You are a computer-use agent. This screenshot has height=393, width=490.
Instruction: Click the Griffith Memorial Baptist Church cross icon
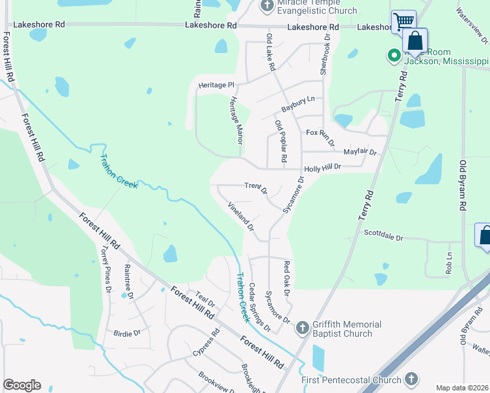click(302, 327)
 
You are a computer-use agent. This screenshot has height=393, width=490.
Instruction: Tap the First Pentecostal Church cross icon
click(411, 379)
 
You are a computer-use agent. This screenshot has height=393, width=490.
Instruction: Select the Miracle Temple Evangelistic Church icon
click(267, 7)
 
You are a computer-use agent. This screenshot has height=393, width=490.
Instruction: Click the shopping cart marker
click(404, 22)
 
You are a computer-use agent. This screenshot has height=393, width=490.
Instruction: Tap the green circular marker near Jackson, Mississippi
click(394, 56)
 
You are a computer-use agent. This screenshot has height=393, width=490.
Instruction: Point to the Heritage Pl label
click(216, 85)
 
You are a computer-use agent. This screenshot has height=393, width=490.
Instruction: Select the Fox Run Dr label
click(321, 136)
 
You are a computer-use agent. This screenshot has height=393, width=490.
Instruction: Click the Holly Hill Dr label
click(323, 167)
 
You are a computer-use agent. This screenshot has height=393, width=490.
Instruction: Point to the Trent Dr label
click(255, 188)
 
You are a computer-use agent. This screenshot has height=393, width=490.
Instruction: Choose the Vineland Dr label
click(240, 217)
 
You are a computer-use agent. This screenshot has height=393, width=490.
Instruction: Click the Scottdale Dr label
click(383, 234)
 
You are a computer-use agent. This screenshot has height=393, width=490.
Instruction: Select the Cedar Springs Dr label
click(259, 307)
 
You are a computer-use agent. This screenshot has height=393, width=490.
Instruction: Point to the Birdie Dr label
click(127, 333)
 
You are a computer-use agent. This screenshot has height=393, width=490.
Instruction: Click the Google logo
click(22, 385)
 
